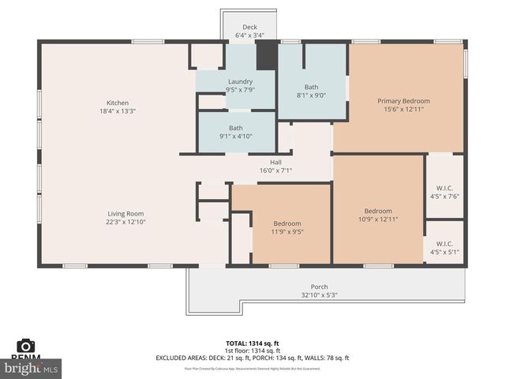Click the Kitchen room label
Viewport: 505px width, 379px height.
click(118, 103)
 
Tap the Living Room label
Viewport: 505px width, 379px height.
click(125, 213)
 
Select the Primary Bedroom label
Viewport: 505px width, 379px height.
click(403, 101)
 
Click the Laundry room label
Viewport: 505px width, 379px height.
click(240, 81)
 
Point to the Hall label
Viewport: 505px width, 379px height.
click(275, 162)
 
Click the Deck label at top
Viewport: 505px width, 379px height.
click(249, 27)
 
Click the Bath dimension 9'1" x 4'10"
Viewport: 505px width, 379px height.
click(236, 136)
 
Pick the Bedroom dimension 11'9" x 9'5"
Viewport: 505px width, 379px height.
click(287, 232)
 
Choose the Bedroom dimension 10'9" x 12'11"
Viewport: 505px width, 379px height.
click(378, 220)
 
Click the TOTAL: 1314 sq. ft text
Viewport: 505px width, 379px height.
click(252, 343)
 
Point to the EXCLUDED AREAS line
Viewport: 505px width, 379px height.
click(252, 358)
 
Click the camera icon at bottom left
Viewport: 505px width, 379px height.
click(26, 345)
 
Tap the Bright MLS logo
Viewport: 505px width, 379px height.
click(32, 367)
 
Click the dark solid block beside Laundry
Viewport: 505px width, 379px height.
click(267, 58)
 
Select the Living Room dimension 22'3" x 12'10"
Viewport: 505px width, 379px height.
click(125, 222)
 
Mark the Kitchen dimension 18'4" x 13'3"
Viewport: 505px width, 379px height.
click(118, 111)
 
